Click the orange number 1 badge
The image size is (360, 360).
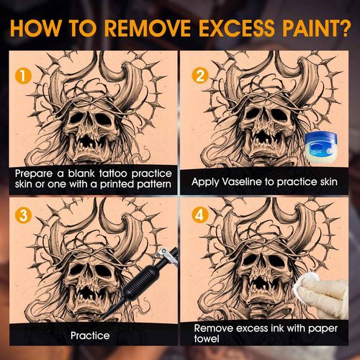(x=23, y=76)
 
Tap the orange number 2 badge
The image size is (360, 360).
(x=200, y=76)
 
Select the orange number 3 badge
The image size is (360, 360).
(x=23, y=215)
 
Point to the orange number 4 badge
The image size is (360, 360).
(x=200, y=215)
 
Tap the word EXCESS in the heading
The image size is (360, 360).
(x=236, y=28)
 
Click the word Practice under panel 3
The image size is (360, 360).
(x=90, y=336)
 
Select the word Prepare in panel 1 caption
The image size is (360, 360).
(x=34, y=174)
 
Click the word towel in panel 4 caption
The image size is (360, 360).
(x=207, y=338)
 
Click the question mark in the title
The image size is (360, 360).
(x=343, y=28)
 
